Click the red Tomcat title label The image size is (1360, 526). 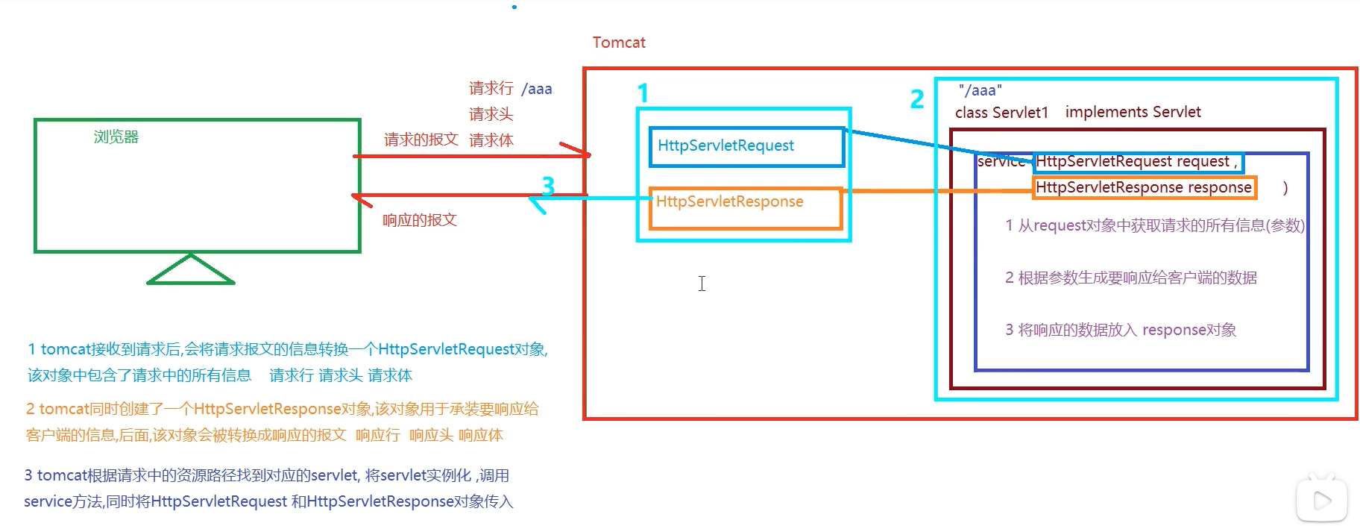(x=619, y=43)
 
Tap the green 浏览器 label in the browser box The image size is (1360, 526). (x=116, y=137)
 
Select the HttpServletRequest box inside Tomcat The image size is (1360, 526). (x=746, y=146)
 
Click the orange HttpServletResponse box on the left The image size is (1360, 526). (x=745, y=207)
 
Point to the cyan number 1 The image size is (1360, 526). (x=643, y=93)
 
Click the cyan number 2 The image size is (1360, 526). (x=917, y=98)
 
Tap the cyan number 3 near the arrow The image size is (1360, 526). (x=548, y=185)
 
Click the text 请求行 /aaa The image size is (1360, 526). (x=510, y=89)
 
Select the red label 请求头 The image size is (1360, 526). (x=491, y=114)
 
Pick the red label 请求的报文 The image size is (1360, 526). (x=421, y=140)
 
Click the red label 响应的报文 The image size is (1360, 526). (x=419, y=220)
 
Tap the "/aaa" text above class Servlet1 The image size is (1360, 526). (x=980, y=90)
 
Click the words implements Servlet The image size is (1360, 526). (x=1133, y=112)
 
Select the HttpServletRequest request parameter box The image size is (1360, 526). (x=1138, y=162)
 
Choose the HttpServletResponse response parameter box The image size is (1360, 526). (x=1145, y=187)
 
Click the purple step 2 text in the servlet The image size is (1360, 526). (x=1130, y=278)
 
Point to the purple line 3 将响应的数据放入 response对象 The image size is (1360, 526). (x=1120, y=330)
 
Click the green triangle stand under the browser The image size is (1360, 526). (x=191, y=272)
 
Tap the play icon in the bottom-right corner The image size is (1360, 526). (x=1322, y=500)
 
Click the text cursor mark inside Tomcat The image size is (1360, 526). (x=702, y=284)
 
